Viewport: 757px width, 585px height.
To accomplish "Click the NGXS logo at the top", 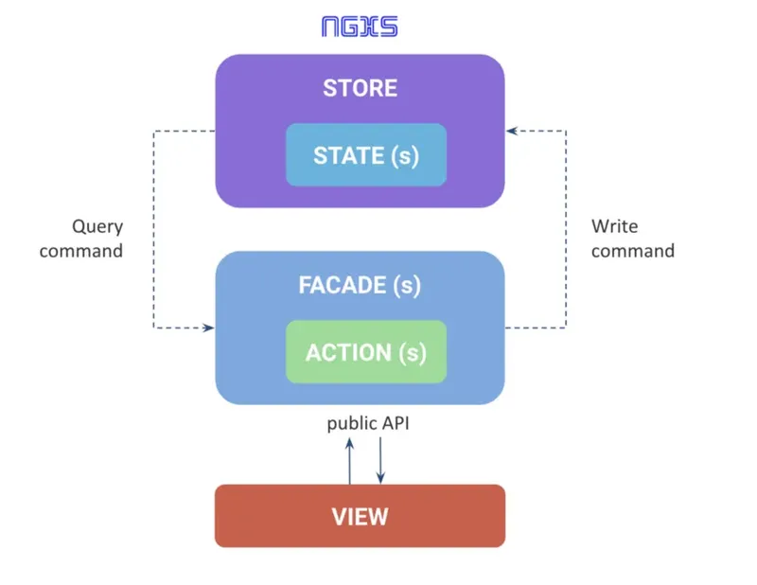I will [x=360, y=26].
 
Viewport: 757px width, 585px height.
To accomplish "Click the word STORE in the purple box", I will [x=360, y=89].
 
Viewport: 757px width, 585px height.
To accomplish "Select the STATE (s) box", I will [x=366, y=154].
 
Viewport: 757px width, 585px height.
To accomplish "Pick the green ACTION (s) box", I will [x=366, y=352].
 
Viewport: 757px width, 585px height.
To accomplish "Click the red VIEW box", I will [x=360, y=516].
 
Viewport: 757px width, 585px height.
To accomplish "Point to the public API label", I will [x=368, y=423].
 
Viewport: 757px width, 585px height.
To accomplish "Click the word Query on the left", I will [x=97, y=227].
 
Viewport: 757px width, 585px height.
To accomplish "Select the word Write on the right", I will [x=614, y=227].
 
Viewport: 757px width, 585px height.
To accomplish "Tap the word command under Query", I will [x=81, y=251].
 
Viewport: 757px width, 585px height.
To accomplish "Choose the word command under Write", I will [x=633, y=251].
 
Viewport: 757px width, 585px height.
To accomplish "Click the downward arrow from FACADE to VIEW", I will [x=380, y=461].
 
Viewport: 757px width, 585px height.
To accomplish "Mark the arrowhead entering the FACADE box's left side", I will [x=209, y=328].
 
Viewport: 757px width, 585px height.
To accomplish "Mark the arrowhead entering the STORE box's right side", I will [x=511, y=132].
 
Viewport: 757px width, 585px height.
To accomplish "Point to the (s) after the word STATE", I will [x=404, y=155].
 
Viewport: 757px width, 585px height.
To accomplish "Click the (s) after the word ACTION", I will [x=412, y=352].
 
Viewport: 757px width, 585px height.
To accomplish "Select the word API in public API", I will [x=395, y=423].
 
